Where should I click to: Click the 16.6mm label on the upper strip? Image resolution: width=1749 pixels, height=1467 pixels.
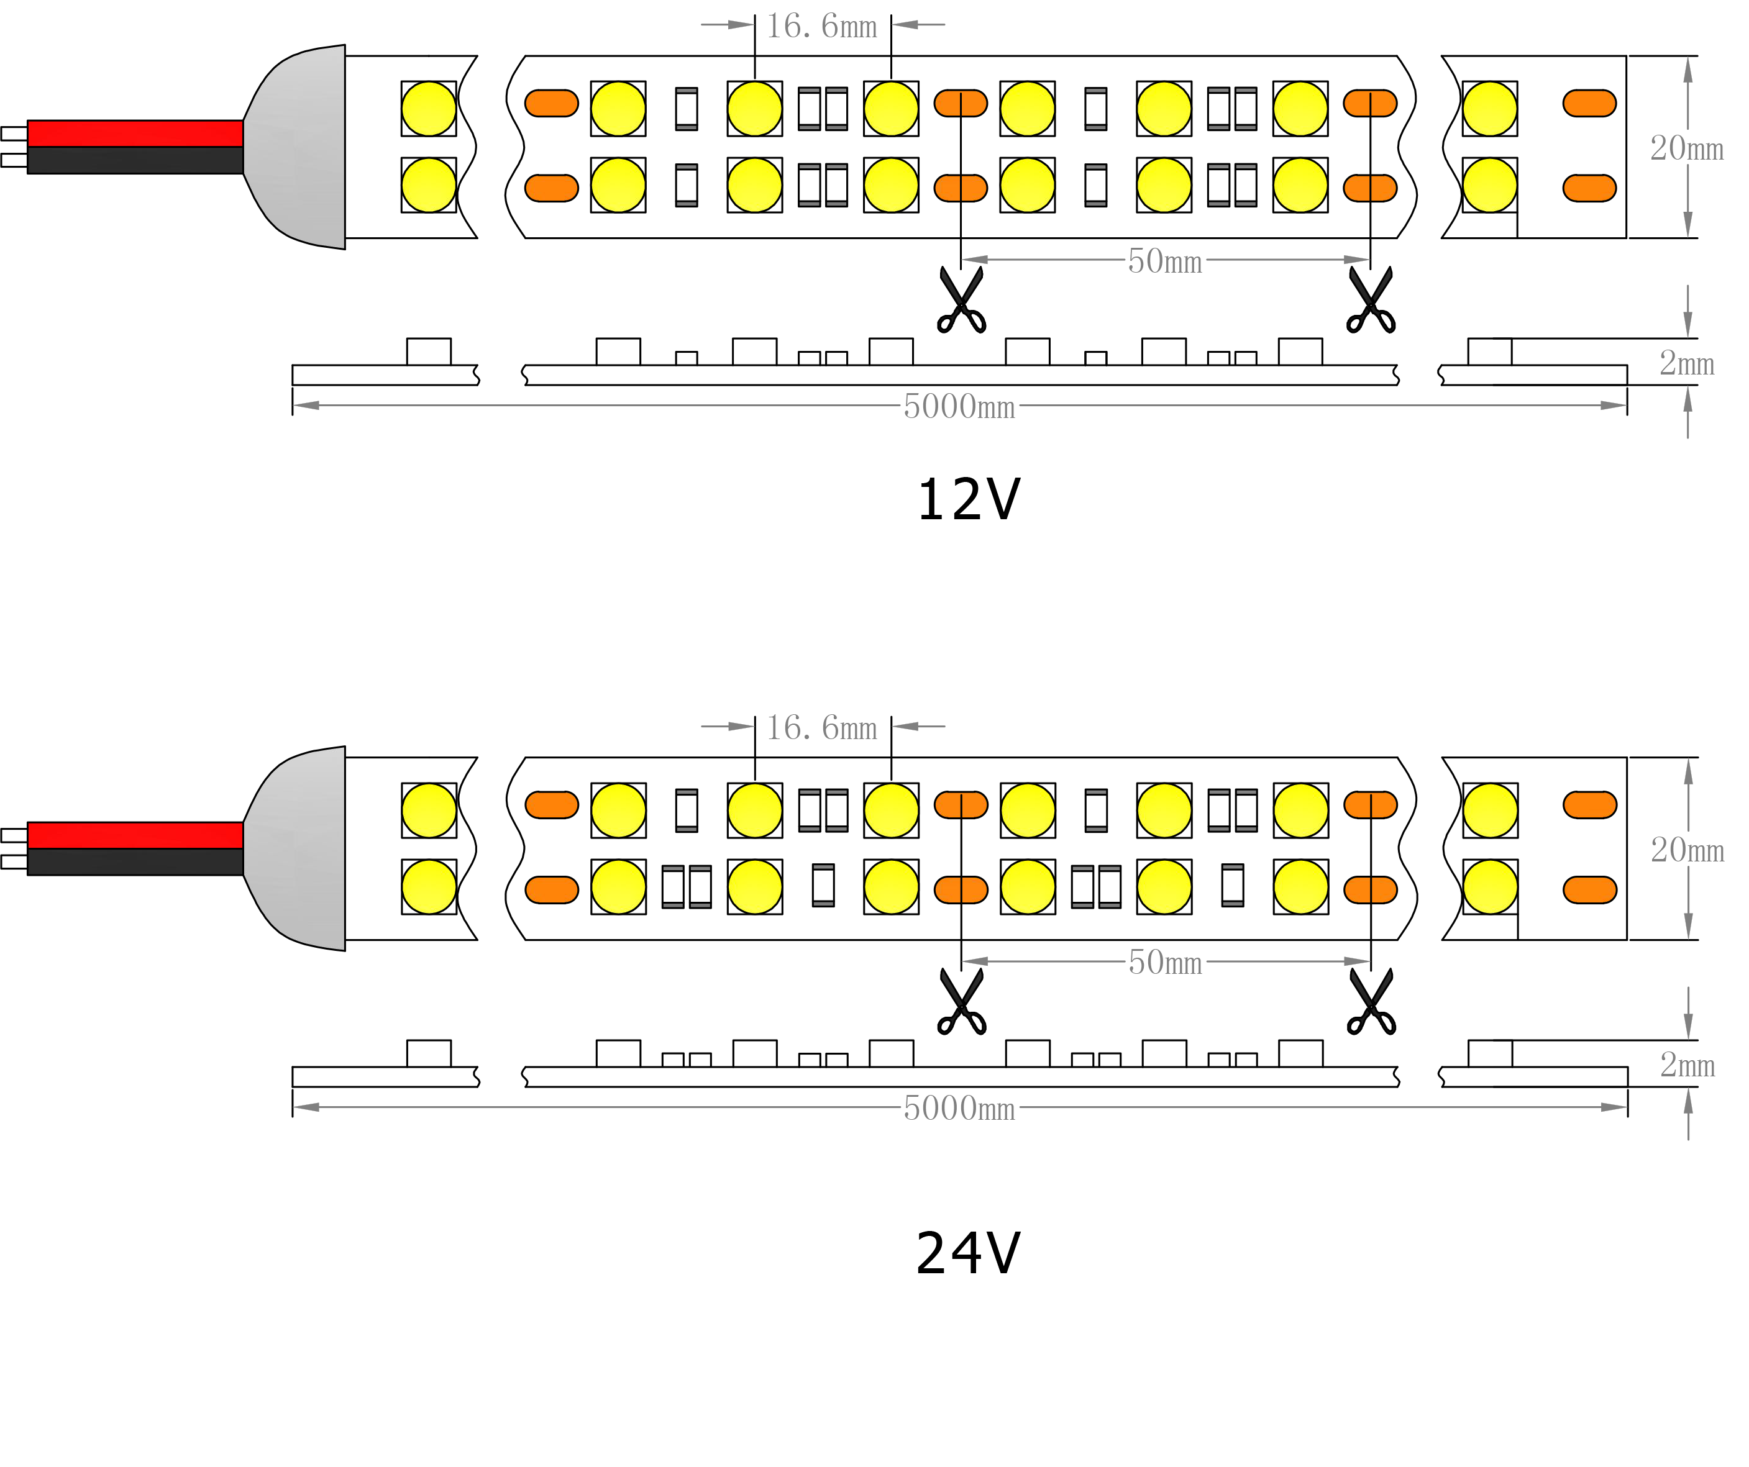(821, 26)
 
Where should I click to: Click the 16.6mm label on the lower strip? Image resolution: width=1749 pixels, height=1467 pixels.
(821, 728)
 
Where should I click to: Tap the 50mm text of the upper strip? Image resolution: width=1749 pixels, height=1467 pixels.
(1164, 261)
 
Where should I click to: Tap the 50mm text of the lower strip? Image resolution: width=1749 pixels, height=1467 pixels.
(1164, 963)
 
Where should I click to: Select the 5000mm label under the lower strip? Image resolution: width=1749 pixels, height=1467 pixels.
(959, 1108)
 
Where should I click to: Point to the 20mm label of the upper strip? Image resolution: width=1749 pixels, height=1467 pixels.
(1686, 148)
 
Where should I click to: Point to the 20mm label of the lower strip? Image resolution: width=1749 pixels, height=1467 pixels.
(1686, 850)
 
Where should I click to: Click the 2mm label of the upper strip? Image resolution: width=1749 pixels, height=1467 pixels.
(1686, 363)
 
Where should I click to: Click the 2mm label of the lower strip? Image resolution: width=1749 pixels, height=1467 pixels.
(1686, 1065)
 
